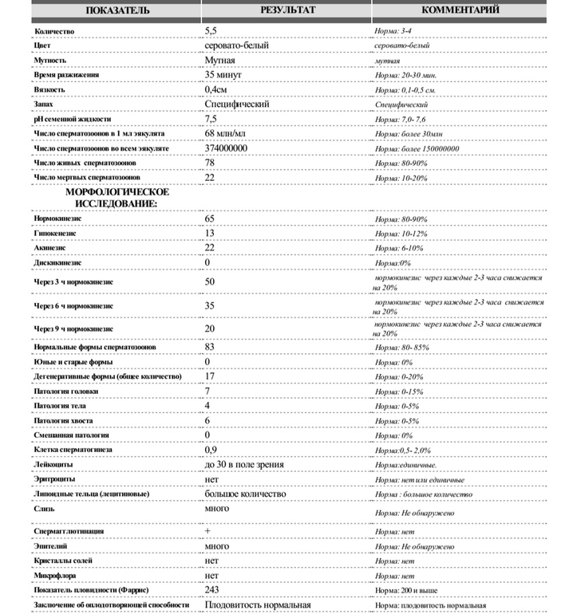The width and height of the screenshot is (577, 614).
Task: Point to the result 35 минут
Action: pyautogui.click(x=223, y=75)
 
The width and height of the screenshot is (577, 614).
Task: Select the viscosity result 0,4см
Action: pyautogui.click(x=218, y=90)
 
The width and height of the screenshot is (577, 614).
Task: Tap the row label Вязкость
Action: pyautogui.click(x=50, y=90)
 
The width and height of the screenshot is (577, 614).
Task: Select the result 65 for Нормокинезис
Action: pyautogui.click(x=210, y=218)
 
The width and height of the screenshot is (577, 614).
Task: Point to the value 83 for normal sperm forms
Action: pyautogui.click(x=210, y=347)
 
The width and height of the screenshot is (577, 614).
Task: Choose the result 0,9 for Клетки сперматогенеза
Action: pyautogui.click(x=211, y=450)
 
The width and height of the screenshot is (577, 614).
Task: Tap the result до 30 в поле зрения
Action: pyautogui.click(x=243, y=464)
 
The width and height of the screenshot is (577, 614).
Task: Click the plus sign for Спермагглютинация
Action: pyautogui.click(x=208, y=530)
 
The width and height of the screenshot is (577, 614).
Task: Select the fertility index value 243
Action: pyautogui.click(x=212, y=589)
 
